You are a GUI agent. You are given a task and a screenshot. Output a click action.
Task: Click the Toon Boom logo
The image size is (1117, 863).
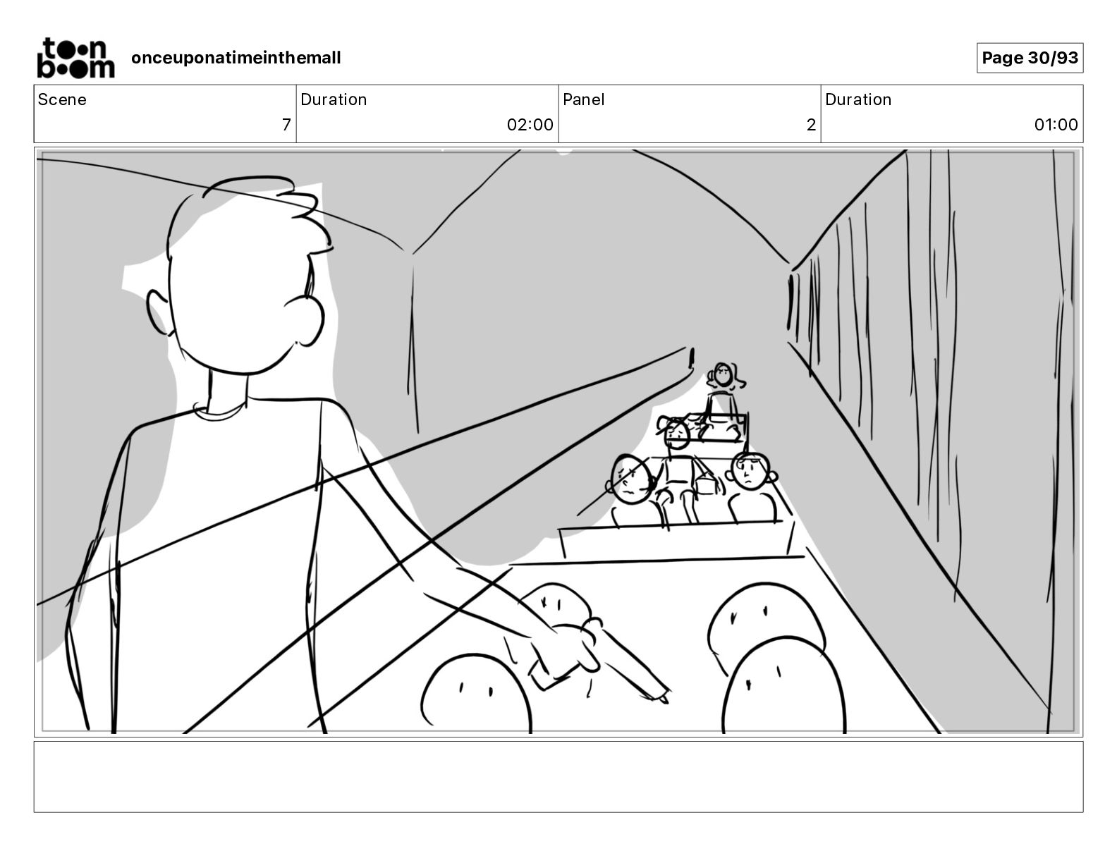click(75, 58)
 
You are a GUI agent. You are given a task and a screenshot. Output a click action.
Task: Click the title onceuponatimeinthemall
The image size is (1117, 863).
click(236, 58)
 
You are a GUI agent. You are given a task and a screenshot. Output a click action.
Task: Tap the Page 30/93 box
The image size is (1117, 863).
click(1030, 58)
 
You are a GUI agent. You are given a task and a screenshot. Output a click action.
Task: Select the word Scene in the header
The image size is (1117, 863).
click(62, 99)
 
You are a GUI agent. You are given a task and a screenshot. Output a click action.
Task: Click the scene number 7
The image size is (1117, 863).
click(286, 124)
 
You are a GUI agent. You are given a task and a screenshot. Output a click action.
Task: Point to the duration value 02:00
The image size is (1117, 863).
click(530, 124)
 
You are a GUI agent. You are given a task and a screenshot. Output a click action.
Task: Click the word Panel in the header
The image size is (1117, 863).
click(583, 99)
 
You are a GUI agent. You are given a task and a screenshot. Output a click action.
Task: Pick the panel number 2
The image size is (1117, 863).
click(811, 124)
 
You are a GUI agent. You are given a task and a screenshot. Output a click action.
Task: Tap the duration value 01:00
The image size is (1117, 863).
click(1056, 124)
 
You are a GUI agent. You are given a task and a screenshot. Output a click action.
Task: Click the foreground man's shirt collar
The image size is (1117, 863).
click(221, 410)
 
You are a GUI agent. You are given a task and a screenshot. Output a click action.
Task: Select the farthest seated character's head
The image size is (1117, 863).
click(724, 374)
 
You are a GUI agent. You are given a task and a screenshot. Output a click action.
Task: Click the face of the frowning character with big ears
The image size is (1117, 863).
click(749, 471)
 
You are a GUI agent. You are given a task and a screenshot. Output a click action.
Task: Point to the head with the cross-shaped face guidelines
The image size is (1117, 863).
click(631, 478)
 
